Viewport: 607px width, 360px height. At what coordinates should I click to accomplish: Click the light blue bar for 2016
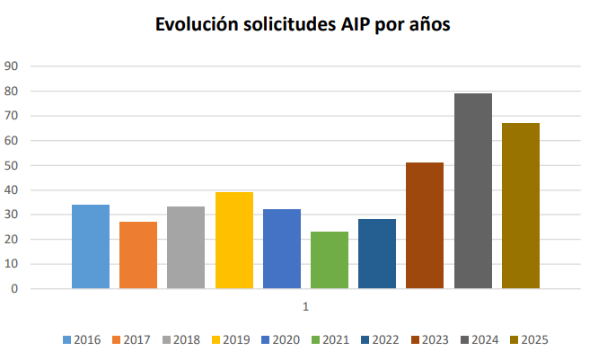tap(91, 246)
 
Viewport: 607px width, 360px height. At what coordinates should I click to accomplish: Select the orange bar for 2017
tap(138, 255)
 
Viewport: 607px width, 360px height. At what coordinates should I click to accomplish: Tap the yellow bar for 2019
tap(234, 240)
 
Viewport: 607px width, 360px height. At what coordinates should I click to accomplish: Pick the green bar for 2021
tap(330, 259)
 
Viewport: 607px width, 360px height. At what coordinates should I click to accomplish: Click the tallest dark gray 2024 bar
tap(473, 190)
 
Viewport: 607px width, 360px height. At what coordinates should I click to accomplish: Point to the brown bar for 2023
tap(425, 225)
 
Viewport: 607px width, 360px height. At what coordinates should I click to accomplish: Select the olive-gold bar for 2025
tap(521, 206)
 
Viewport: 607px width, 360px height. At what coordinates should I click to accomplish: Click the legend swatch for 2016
tap(67, 339)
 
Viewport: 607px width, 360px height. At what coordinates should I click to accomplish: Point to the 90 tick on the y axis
tap(13, 66)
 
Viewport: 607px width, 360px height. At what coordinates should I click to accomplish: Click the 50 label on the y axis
tap(13, 165)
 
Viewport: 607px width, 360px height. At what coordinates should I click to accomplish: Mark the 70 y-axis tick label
tap(13, 116)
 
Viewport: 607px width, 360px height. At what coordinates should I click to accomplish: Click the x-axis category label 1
tap(305, 307)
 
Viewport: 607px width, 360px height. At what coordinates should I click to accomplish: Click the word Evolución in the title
tap(198, 25)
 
